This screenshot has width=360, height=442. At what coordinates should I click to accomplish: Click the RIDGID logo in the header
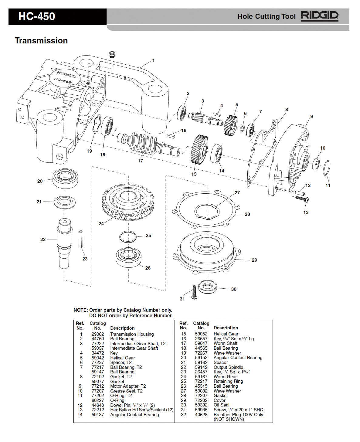point(319,16)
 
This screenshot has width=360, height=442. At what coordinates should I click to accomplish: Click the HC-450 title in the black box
point(36,16)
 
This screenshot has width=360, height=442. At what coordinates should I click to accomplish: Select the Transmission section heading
point(41,41)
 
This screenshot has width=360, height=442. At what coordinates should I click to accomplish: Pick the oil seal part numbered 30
point(208,287)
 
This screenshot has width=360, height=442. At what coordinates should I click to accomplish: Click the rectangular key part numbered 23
point(81,239)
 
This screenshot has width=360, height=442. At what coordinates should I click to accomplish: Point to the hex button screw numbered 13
point(302,199)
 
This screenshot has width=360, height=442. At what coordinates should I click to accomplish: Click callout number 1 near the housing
point(153,60)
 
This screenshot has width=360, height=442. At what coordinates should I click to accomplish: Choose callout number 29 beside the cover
point(254,260)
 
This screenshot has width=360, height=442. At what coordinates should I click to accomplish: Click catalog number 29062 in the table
point(98,334)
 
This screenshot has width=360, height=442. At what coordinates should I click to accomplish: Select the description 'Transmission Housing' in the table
point(132,334)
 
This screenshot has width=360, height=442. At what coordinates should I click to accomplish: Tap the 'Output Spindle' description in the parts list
point(228,367)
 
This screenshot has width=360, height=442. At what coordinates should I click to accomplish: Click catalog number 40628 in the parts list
point(201,414)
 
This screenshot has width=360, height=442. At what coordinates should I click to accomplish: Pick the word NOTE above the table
point(80,310)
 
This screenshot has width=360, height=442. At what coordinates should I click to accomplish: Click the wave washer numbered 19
point(96,124)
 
